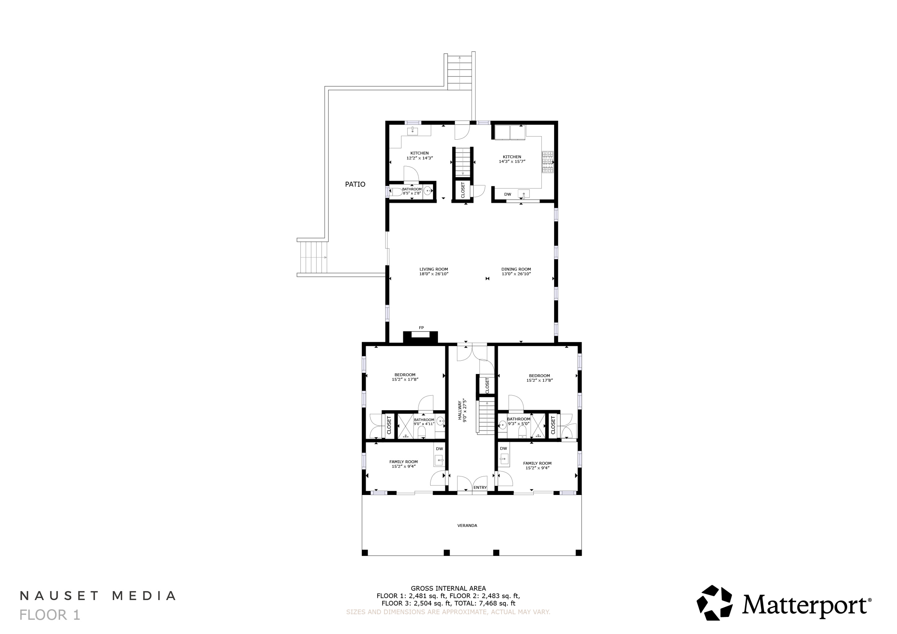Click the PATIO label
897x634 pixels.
(x=355, y=184)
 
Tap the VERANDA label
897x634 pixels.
(x=467, y=525)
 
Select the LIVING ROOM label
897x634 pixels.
(x=433, y=269)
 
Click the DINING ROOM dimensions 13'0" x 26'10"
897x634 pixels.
(x=516, y=274)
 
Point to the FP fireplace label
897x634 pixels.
(x=421, y=328)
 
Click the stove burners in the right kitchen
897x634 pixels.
(x=547, y=162)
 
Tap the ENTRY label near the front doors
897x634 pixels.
(x=480, y=488)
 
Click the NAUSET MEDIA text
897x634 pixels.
(x=98, y=595)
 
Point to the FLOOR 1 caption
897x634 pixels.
(x=50, y=615)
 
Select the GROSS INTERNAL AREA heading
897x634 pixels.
(x=448, y=588)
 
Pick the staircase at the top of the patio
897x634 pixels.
(x=460, y=73)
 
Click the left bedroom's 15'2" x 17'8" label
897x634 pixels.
(x=405, y=379)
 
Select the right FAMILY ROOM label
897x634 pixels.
(x=537, y=463)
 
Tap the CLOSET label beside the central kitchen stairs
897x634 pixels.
(x=463, y=190)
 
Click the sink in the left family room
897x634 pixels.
(x=439, y=460)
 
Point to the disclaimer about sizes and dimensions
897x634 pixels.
(x=448, y=612)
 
